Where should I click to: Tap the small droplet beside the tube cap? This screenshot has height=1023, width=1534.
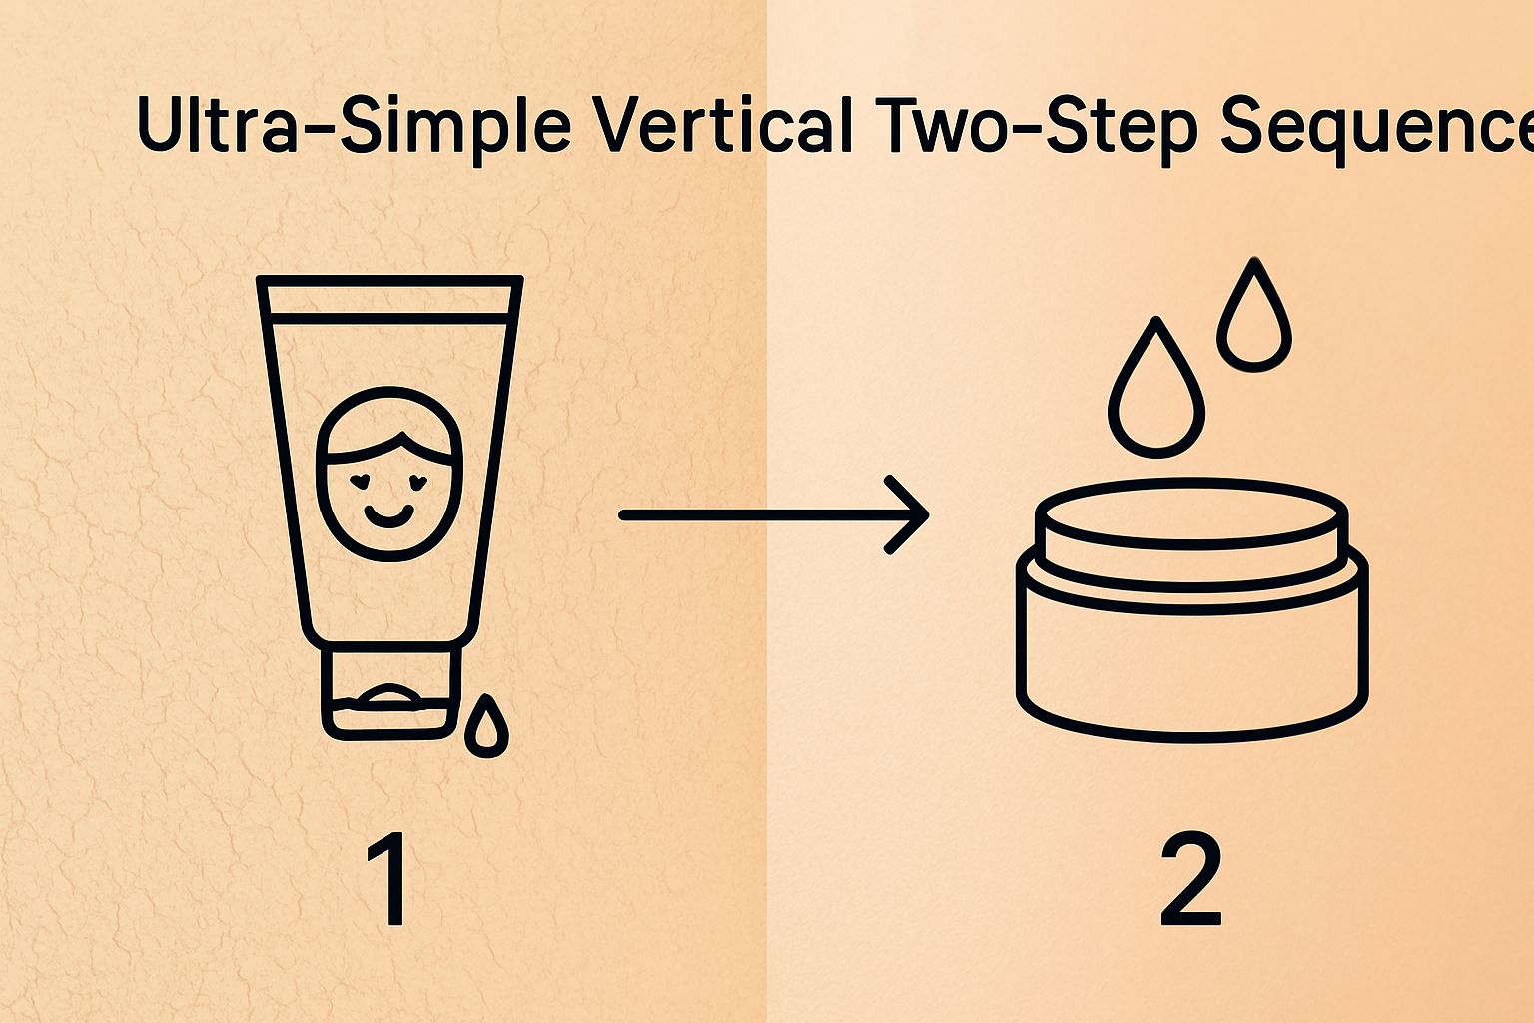coord(486,726)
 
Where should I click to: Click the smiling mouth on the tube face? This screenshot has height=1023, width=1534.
coord(386,516)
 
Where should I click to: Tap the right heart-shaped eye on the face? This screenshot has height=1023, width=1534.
coord(418,480)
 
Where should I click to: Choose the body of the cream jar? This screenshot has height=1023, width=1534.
coord(1191,659)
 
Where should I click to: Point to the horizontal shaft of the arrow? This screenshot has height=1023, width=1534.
coord(749,515)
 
